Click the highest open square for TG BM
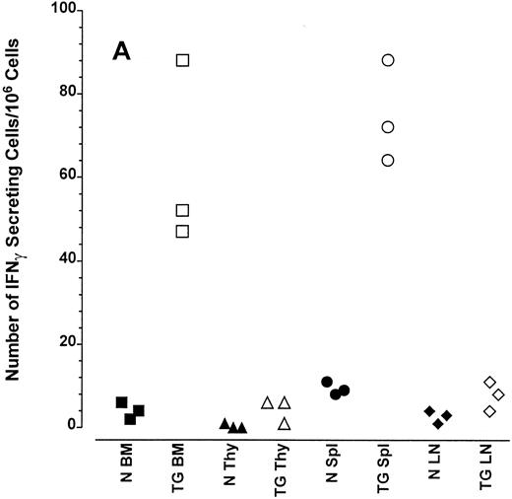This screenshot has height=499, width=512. point(183,60)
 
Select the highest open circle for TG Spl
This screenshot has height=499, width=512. point(388,60)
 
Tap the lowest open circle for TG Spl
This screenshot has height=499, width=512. point(388,160)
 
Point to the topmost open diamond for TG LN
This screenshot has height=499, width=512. point(490,383)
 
